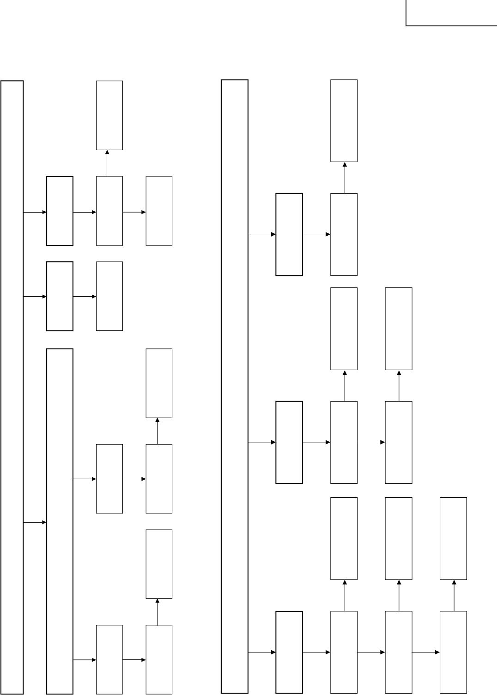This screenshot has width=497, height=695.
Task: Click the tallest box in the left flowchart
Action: (12, 387)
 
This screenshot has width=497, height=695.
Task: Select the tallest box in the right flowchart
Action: (235, 386)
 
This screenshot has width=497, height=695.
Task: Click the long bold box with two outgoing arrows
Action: (60, 521)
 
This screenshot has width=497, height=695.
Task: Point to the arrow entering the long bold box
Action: (35, 522)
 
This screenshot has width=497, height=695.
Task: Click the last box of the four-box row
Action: (453, 652)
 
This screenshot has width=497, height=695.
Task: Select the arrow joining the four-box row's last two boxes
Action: (426, 652)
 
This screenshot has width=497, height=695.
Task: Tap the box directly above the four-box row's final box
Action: (453, 538)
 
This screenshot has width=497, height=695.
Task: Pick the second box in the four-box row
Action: (344, 652)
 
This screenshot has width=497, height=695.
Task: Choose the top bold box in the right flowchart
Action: (289, 234)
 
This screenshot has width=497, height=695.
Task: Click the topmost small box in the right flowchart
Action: (344, 121)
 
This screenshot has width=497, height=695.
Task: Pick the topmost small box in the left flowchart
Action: (109, 116)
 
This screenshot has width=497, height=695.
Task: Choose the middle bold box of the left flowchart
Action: (60, 296)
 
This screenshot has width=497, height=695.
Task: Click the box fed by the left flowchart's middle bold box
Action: (109, 296)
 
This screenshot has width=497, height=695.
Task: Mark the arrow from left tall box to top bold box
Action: (35, 212)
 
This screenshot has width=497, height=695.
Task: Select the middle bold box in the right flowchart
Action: (289, 442)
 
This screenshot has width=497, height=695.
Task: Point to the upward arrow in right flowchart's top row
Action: (345, 177)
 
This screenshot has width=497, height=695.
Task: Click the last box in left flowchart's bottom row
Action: (159, 659)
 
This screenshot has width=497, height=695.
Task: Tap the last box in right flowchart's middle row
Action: (399, 442)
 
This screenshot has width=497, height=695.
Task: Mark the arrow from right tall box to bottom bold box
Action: (262, 652)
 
